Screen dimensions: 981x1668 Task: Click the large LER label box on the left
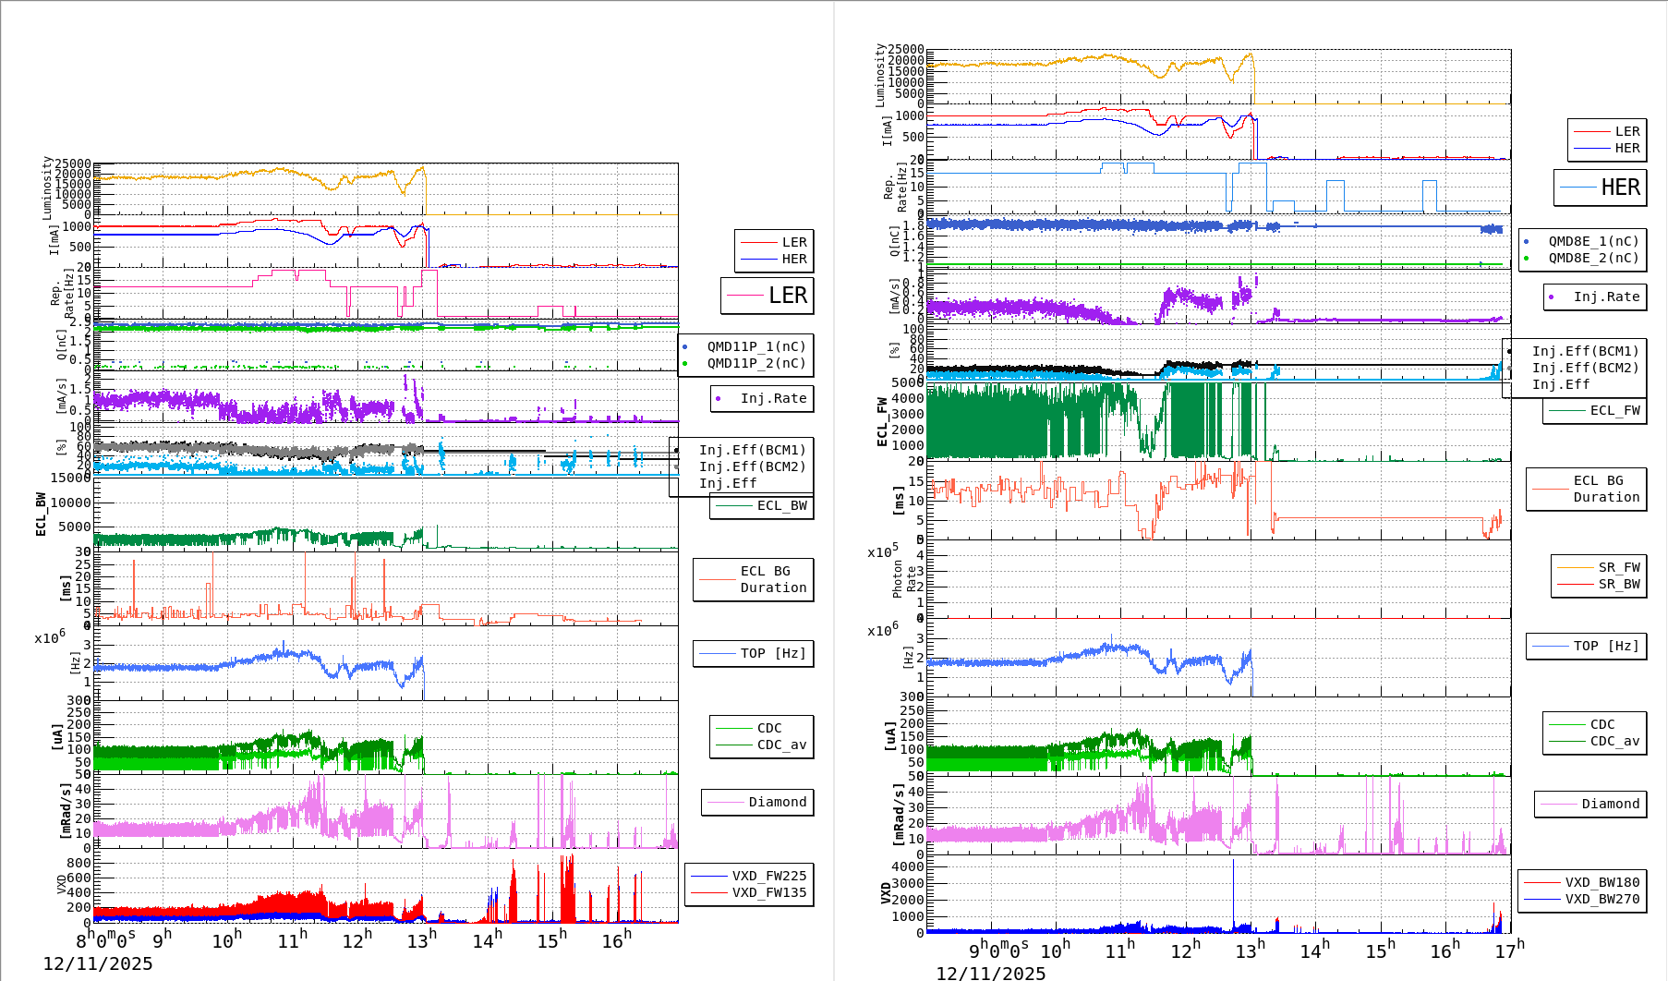(768, 296)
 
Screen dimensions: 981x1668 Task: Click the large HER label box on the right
(1601, 188)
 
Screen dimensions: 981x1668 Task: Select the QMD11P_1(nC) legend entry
(755, 346)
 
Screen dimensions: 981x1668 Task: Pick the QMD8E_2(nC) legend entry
(1593, 258)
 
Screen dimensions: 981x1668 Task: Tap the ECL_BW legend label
(781, 505)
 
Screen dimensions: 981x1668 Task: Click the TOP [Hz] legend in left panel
(772, 653)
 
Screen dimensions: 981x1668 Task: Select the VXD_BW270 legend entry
(1602, 899)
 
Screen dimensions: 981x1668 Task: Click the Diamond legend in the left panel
(777, 802)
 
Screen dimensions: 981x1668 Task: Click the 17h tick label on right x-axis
(1510, 950)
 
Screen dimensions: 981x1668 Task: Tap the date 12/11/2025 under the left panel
(98, 963)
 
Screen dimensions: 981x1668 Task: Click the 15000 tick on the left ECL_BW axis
(70, 478)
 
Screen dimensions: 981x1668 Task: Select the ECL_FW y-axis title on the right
(882, 421)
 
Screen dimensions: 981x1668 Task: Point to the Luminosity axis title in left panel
(47, 188)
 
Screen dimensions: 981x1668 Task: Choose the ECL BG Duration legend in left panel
(773, 579)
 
